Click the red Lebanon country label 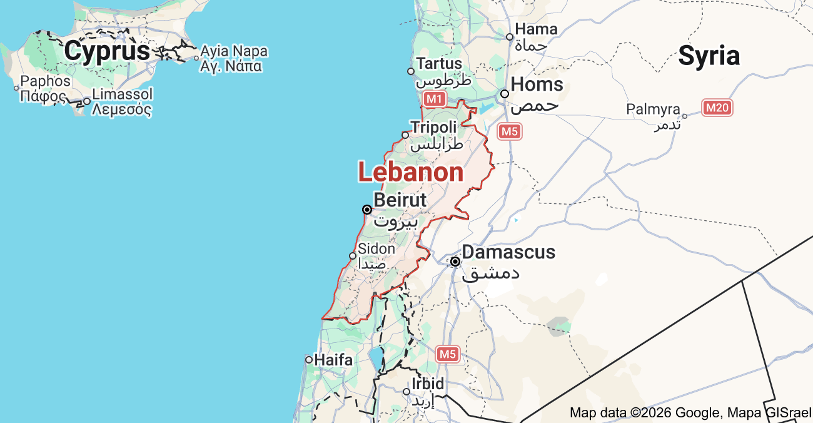411,172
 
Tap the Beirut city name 400,200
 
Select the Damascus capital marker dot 455,262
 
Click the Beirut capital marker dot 367,210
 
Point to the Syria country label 709,56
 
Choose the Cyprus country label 107,51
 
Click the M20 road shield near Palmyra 717,108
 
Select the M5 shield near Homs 510,131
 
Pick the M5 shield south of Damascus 447,354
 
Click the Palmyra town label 653,110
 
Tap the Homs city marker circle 505,94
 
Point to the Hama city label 536,29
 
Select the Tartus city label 439,63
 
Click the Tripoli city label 433,127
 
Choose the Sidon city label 376,248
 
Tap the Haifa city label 333,360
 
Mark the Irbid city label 428,384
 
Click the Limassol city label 122,94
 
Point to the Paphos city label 46,81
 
